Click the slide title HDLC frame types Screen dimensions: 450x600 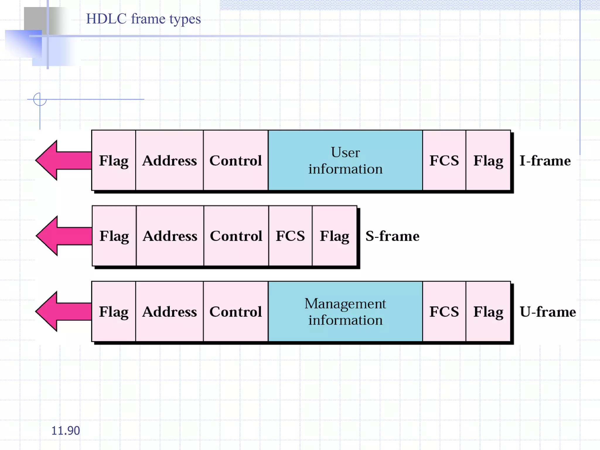coord(143,19)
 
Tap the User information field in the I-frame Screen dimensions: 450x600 coord(345,161)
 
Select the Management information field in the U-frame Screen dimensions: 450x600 coord(345,312)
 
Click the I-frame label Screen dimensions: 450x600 coord(545,161)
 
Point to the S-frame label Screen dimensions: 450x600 coord(392,236)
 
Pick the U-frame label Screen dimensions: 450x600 coord(548,312)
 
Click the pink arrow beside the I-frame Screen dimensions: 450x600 coord(63,160)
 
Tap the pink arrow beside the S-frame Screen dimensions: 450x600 coord(64,236)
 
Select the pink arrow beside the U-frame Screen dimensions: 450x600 coord(63,311)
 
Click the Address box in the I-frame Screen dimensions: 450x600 coord(169,161)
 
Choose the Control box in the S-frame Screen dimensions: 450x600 coord(236,236)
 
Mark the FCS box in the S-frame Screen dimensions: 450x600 coord(290,236)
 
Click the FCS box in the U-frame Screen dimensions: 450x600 coord(444,312)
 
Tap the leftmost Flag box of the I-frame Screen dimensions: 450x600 coord(114,161)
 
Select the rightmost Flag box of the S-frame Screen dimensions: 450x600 coord(334,236)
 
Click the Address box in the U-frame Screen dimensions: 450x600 coord(169,312)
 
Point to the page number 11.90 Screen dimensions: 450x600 coord(65,431)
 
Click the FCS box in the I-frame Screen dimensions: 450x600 coord(444,161)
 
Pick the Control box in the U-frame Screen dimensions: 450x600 coord(236,312)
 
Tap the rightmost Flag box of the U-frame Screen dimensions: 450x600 coord(488,312)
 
